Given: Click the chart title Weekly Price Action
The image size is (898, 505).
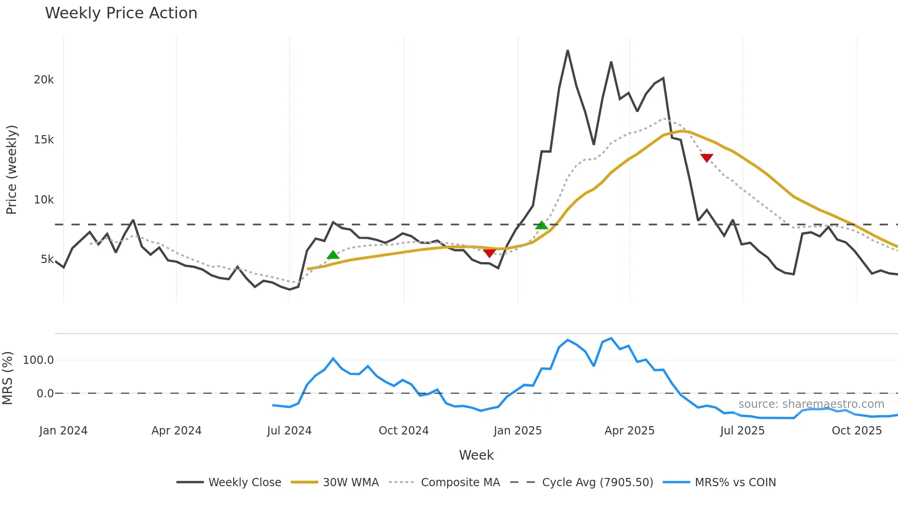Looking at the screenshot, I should tap(121, 13).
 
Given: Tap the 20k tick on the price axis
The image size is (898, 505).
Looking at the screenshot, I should tap(44, 80).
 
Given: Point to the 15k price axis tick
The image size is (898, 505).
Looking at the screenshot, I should tap(44, 140).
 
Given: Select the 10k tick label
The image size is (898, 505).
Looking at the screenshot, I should tap(44, 200).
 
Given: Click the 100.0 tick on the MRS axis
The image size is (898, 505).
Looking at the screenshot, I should tap(38, 360).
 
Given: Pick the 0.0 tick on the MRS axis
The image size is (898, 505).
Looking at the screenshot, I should tap(45, 394).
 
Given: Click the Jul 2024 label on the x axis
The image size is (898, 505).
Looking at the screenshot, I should tap(289, 431).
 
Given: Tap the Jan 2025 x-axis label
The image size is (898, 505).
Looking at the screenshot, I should tap(517, 431).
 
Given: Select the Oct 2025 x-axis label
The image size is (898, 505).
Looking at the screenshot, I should tap(856, 431).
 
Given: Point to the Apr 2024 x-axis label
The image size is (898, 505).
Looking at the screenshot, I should tap(176, 431).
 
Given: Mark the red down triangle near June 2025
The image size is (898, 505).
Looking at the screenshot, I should tap(706, 158).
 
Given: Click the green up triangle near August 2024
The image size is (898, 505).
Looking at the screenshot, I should tap(333, 255).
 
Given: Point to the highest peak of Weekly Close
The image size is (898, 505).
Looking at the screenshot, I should tap(568, 50).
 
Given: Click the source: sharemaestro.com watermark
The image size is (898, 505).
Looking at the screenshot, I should tap(811, 404).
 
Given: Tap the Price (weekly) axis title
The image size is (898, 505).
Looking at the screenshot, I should tap(11, 170).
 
